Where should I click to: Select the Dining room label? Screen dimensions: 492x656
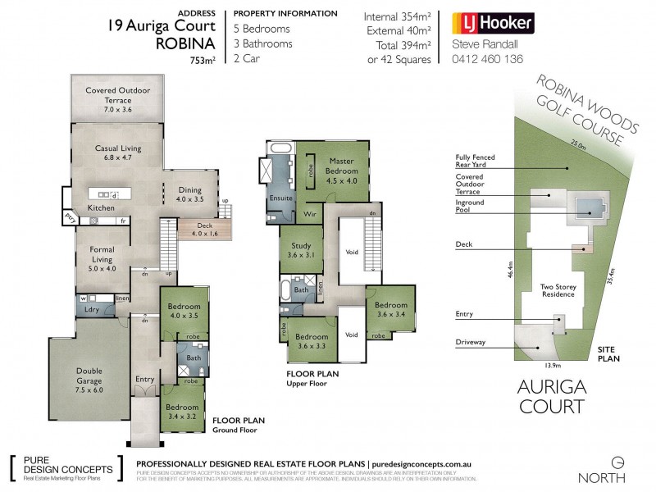pos(190,194)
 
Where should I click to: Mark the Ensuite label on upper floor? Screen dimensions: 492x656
pos(278,198)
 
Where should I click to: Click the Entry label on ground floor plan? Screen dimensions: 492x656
pos(144,379)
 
